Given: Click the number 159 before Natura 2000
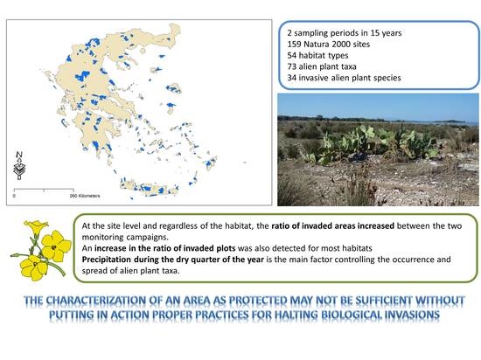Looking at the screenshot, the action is pyautogui.click(x=294, y=44).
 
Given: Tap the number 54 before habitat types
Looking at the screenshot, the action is pyautogui.click(x=292, y=55).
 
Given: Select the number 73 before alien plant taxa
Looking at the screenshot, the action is pyautogui.click(x=292, y=66).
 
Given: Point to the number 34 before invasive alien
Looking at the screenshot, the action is pyautogui.click(x=292, y=78).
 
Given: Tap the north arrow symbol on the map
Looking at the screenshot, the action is pyautogui.click(x=19, y=166).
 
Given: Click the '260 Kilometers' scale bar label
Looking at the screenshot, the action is pyautogui.click(x=85, y=196).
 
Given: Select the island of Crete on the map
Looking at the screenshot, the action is pyautogui.click(x=149, y=188).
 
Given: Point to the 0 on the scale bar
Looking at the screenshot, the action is pyautogui.click(x=14, y=196).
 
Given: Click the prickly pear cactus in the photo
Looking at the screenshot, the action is pyautogui.click(x=373, y=142).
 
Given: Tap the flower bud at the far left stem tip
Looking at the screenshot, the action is pyautogui.click(x=14, y=255).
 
